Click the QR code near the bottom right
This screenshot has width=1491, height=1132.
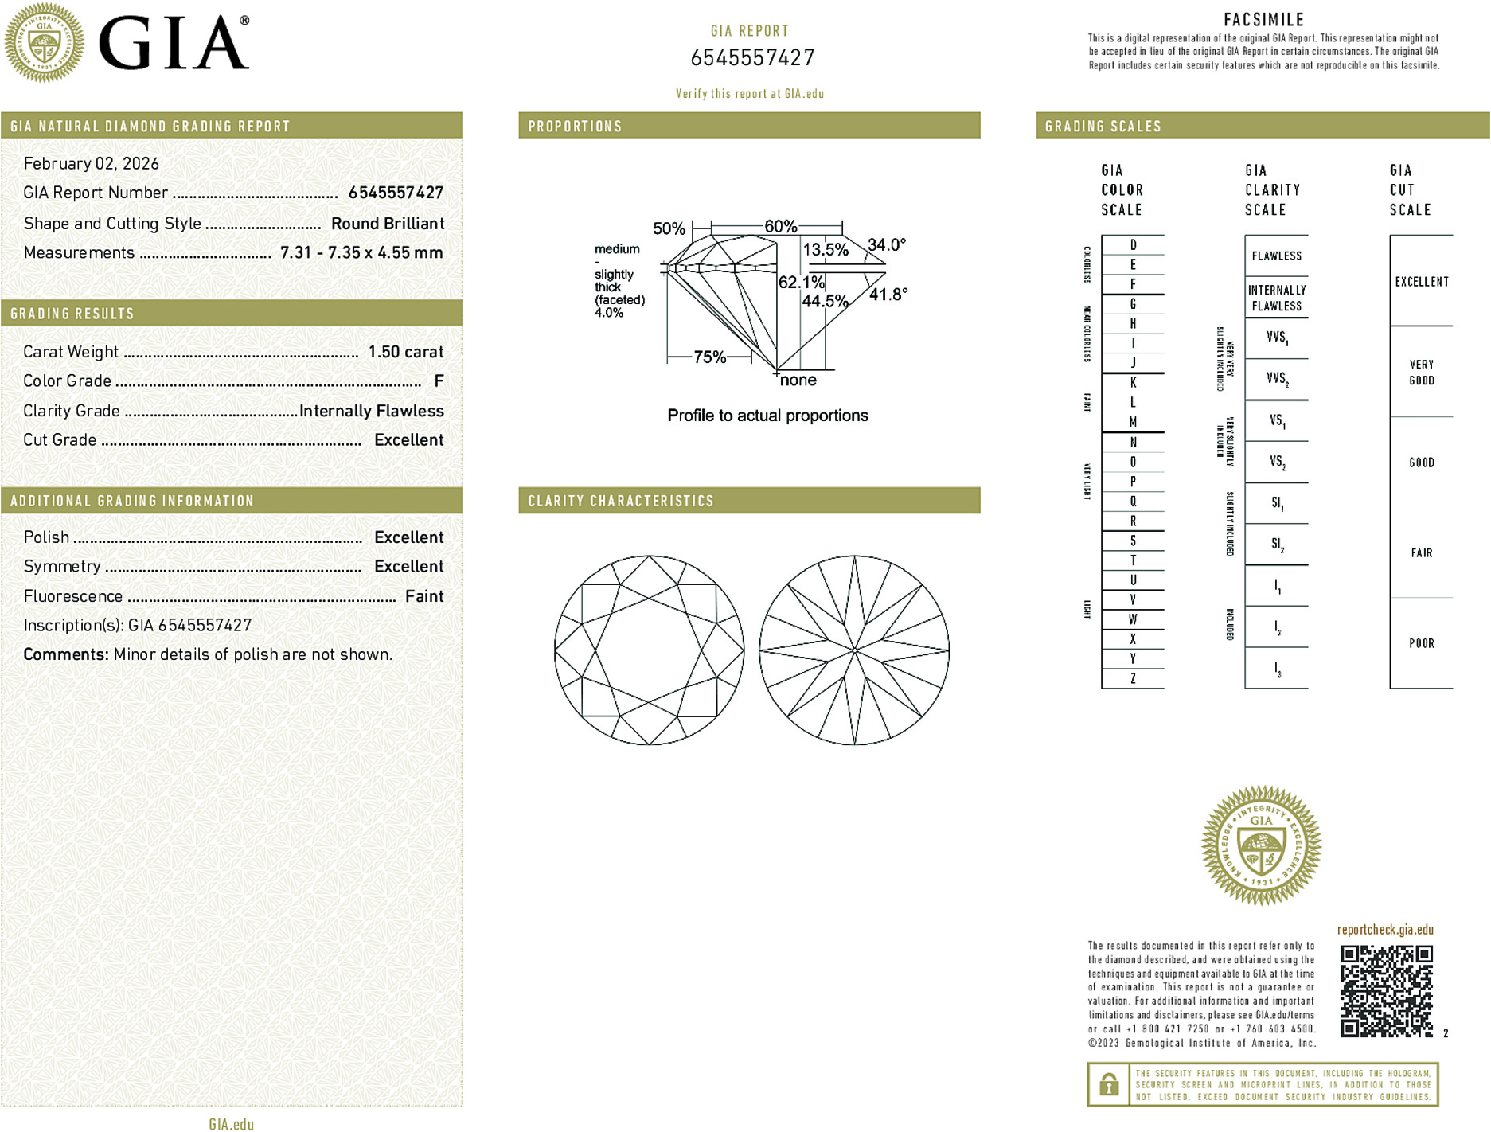(x=1386, y=991)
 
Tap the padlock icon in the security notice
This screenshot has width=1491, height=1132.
(x=1108, y=1084)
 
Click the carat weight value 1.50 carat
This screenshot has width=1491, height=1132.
(x=405, y=352)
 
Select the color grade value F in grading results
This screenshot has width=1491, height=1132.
(x=439, y=381)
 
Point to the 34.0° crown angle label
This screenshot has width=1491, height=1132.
(x=886, y=245)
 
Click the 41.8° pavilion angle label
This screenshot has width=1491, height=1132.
(x=888, y=295)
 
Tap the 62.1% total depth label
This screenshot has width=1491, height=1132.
(x=801, y=283)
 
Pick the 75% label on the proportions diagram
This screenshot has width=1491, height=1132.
(x=709, y=357)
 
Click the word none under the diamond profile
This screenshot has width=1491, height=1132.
(x=798, y=381)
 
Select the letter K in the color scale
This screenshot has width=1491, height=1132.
(x=1133, y=383)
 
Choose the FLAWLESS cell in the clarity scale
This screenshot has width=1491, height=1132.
(x=1276, y=256)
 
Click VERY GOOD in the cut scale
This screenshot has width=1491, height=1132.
(x=1421, y=373)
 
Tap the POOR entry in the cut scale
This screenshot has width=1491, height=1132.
(x=1421, y=643)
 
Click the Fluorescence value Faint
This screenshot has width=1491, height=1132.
(x=424, y=596)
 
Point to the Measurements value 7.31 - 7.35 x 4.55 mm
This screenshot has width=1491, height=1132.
(x=361, y=253)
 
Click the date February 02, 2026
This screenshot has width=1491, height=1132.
(x=92, y=164)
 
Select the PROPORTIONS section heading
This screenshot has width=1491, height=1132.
(x=575, y=127)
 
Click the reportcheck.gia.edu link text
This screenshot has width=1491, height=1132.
(x=1385, y=930)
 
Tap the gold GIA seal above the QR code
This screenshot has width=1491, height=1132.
(x=1261, y=845)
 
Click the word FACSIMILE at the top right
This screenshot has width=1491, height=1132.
(x=1263, y=20)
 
